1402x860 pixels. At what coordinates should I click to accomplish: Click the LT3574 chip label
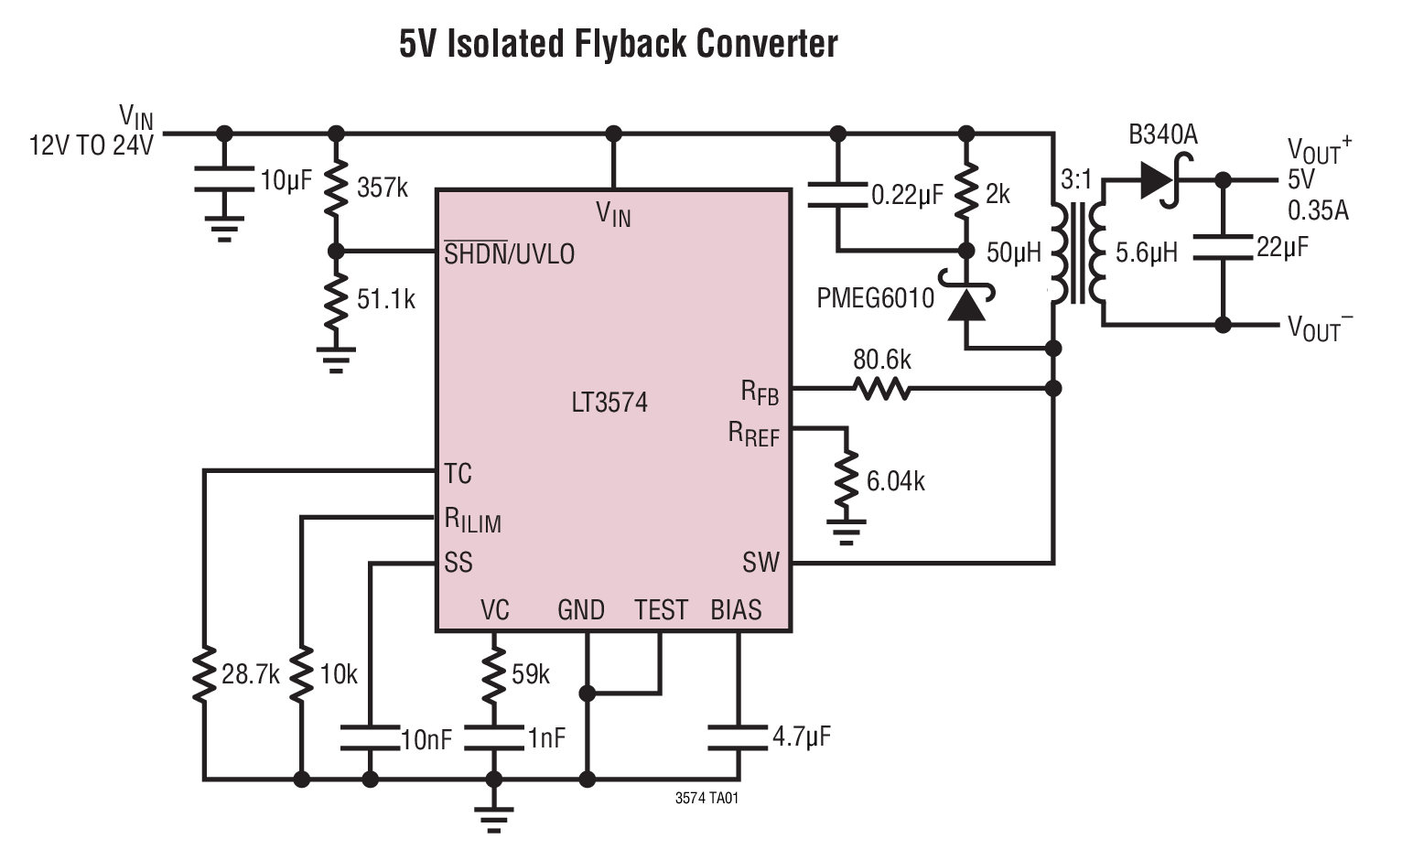click(x=609, y=403)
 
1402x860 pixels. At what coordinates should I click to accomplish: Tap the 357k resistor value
click(x=383, y=188)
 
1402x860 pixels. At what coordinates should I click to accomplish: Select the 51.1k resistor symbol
click(x=336, y=299)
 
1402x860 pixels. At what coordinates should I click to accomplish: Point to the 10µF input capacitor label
click(x=286, y=181)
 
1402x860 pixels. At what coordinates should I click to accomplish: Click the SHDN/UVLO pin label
click(x=509, y=253)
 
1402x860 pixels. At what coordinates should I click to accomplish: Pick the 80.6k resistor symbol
click(x=881, y=390)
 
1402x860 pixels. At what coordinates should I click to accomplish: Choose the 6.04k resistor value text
click(x=895, y=481)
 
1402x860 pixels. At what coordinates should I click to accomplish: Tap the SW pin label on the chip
click(x=760, y=562)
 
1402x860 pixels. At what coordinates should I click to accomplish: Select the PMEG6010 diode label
click(x=876, y=298)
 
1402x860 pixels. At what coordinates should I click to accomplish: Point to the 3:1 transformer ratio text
click(x=1076, y=180)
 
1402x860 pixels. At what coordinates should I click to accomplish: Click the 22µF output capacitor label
click(x=1282, y=247)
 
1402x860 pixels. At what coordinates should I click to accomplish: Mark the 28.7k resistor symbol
click(x=204, y=675)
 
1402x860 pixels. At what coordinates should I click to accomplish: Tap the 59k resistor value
click(x=531, y=675)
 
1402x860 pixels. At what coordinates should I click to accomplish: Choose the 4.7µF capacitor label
click(x=802, y=736)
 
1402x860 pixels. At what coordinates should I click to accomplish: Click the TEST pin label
click(x=661, y=609)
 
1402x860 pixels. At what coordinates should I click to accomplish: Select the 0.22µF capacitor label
click(x=907, y=195)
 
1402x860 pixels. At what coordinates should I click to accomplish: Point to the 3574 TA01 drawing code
click(x=706, y=798)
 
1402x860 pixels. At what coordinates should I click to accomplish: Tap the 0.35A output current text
click(x=1318, y=210)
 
